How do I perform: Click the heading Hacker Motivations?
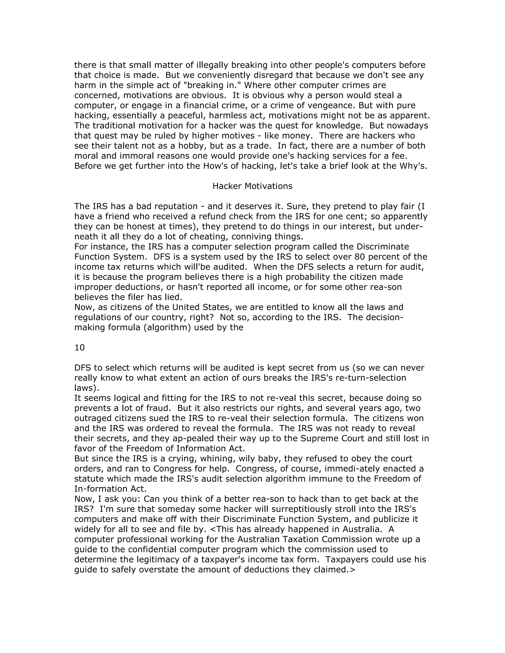252,186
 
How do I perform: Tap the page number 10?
80,347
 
